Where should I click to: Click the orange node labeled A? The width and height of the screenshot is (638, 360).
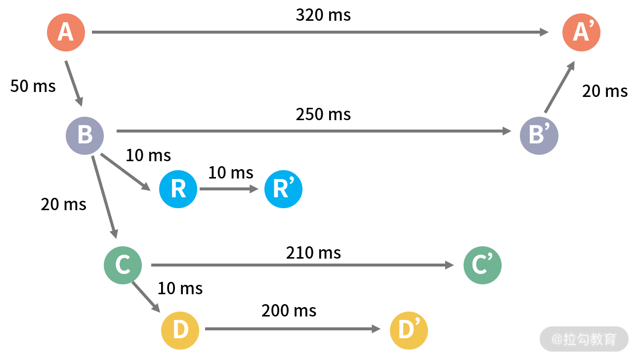coord(66,32)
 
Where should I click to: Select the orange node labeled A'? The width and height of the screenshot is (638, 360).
coord(581,32)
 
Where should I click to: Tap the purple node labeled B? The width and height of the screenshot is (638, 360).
coord(85,135)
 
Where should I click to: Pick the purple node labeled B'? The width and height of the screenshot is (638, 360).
coord(539,135)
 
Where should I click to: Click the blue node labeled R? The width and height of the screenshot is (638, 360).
coord(178,189)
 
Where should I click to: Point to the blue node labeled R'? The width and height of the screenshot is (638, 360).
coord(283,189)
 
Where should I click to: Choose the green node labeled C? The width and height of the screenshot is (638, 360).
coord(123,265)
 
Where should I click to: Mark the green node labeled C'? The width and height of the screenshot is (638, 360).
coord(482,265)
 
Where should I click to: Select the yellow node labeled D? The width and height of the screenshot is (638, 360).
coord(180,330)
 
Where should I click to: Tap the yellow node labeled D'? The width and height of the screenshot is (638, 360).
coord(409,330)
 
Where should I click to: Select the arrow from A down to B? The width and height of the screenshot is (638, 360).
coord(74,83)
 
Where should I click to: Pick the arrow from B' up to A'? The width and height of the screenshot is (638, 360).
coord(559,87)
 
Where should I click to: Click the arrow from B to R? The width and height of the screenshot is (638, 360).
coord(125,172)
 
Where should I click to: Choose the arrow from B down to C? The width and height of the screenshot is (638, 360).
coord(104,197)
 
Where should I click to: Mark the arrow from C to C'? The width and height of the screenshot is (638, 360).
coord(302,265)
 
